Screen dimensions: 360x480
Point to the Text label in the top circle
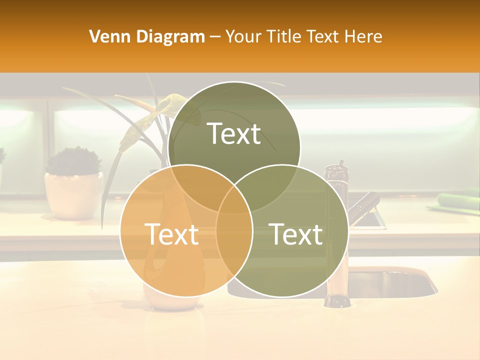point(234,133)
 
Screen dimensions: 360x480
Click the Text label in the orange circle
point(171,233)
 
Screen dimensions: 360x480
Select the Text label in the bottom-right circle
point(296,233)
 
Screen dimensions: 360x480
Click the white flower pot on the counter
point(72,195)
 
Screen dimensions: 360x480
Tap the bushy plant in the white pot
point(73,160)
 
